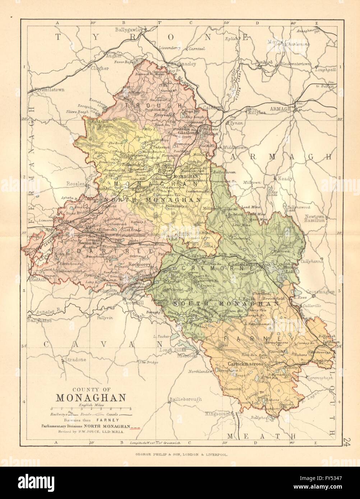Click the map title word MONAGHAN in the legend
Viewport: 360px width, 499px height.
click(x=90, y=398)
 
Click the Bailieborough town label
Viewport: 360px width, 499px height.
click(x=185, y=399)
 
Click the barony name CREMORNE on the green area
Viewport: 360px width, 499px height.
click(x=198, y=268)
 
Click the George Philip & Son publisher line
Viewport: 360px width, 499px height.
click(x=180, y=453)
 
